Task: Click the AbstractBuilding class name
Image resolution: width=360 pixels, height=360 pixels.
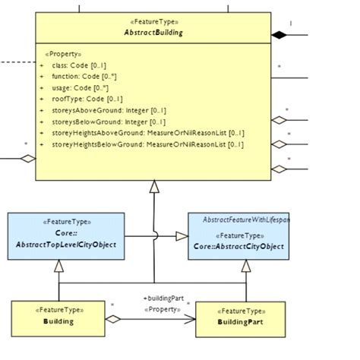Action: point(153,33)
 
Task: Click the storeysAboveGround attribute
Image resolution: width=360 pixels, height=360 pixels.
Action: point(111,110)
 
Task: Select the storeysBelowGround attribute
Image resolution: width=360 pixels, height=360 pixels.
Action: point(111,122)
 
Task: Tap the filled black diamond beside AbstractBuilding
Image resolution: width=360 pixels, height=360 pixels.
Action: point(280,34)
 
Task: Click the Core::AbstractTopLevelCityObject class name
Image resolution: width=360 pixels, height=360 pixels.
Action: point(65,245)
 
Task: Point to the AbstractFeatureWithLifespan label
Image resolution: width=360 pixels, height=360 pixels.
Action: point(247,219)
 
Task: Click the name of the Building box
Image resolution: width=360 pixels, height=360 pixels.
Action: point(58,322)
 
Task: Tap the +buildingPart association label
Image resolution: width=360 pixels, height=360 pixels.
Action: point(163,298)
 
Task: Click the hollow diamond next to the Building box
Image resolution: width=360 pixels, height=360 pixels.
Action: point(113,319)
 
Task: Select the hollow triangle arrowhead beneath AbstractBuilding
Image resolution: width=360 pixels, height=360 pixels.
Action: point(154,187)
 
